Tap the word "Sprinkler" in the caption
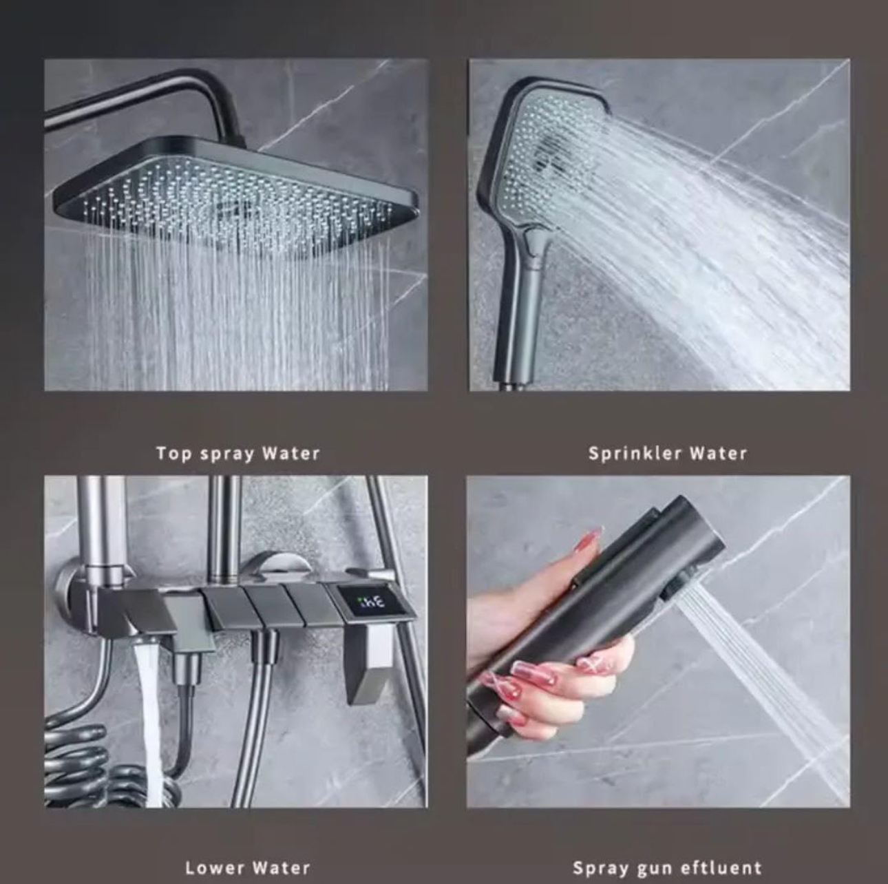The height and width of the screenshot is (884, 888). [x=633, y=454]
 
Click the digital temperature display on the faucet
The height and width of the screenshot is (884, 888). [x=370, y=603]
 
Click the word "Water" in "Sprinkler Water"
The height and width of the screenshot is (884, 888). [x=718, y=454]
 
